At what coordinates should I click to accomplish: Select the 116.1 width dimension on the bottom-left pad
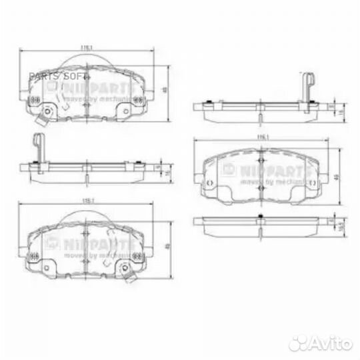tap(85, 199)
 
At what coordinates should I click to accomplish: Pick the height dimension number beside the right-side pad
tap(337, 176)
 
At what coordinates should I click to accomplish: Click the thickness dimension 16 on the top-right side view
tap(337, 114)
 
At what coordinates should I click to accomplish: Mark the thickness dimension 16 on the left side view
tap(165, 173)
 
